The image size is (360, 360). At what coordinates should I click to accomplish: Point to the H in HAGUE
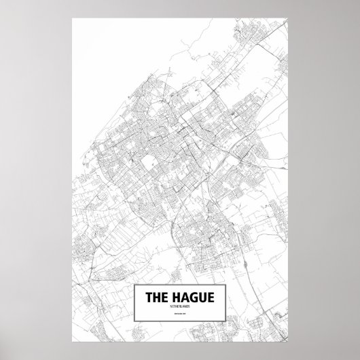pos(179,297)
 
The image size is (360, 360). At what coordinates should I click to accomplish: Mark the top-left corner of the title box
pos(137,286)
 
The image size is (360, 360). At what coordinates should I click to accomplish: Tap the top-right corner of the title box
pos(224,286)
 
